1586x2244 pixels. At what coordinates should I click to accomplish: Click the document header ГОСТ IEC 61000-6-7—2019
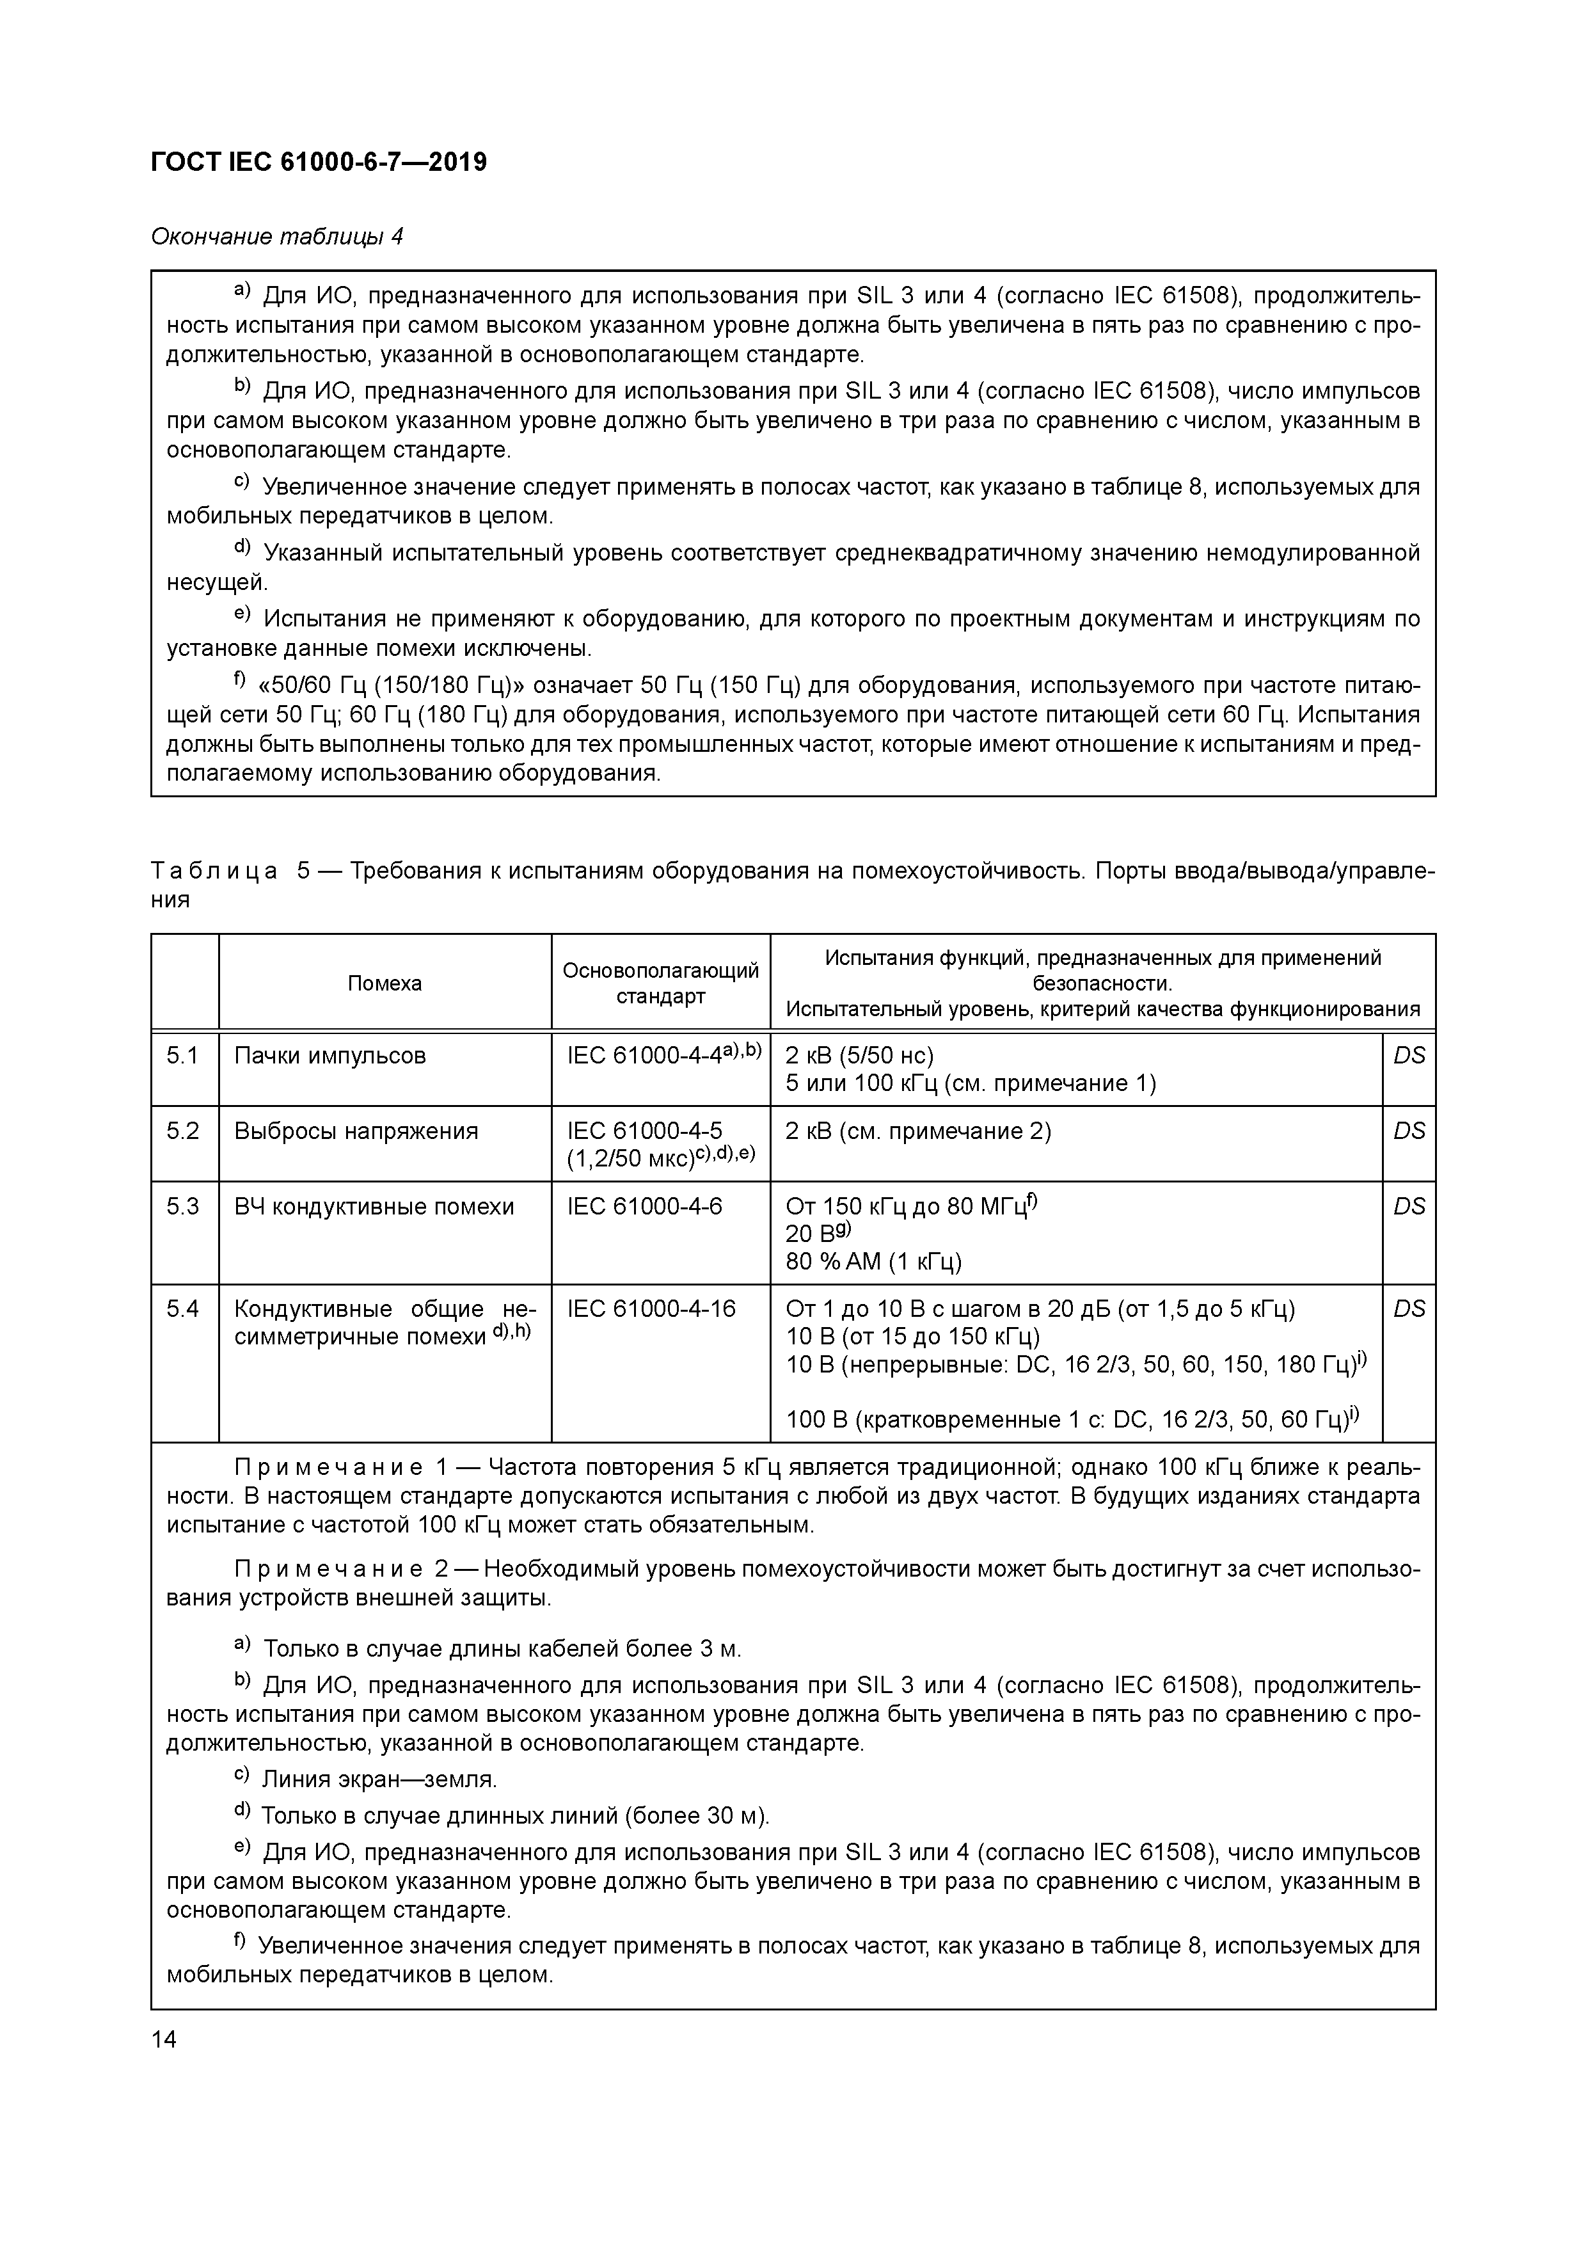(x=319, y=163)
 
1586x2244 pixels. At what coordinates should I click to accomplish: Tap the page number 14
(x=164, y=2040)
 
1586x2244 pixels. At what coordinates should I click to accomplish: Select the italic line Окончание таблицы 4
(x=276, y=237)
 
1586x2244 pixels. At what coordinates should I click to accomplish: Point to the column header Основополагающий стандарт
(x=661, y=983)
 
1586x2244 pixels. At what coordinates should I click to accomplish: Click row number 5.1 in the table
(x=183, y=1056)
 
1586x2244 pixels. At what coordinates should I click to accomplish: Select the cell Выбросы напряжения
(x=356, y=1131)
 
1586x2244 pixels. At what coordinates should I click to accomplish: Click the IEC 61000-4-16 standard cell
(x=651, y=1309)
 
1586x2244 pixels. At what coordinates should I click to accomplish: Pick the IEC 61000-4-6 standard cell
(x=644, y=1206)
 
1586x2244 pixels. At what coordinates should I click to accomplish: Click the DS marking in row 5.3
(x=1408, y=1206)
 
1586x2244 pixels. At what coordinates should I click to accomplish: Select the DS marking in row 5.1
(x=1408, y=1056)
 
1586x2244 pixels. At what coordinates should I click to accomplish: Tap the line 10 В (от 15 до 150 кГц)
(x=913, y=1336)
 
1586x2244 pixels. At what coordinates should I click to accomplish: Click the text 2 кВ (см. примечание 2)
(x=917, y=1131)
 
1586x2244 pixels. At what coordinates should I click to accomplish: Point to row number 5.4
(x=183, y=1309)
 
